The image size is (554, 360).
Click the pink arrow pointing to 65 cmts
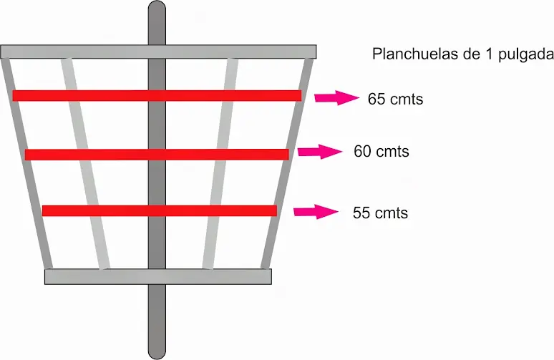(336, 98)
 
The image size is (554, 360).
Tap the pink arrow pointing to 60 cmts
(320, 152)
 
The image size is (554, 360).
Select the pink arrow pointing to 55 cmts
(316, 212)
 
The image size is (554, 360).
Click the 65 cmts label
(395, 99)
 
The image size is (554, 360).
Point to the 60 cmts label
(382, 152)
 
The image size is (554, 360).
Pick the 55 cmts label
(381, 213)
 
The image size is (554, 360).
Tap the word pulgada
(526, 55)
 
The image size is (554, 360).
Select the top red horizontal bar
(157, 95)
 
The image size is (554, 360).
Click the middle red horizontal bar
(157, 155)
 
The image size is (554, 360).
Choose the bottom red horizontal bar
(160, 210)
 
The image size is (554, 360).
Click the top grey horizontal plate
(158, 52)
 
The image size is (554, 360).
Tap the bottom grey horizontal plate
(158, 277)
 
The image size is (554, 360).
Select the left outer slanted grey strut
(27, 163)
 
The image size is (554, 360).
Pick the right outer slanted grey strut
(287, 163)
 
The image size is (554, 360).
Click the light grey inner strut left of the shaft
(85, 163)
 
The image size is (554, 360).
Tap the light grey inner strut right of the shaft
(220, 163)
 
